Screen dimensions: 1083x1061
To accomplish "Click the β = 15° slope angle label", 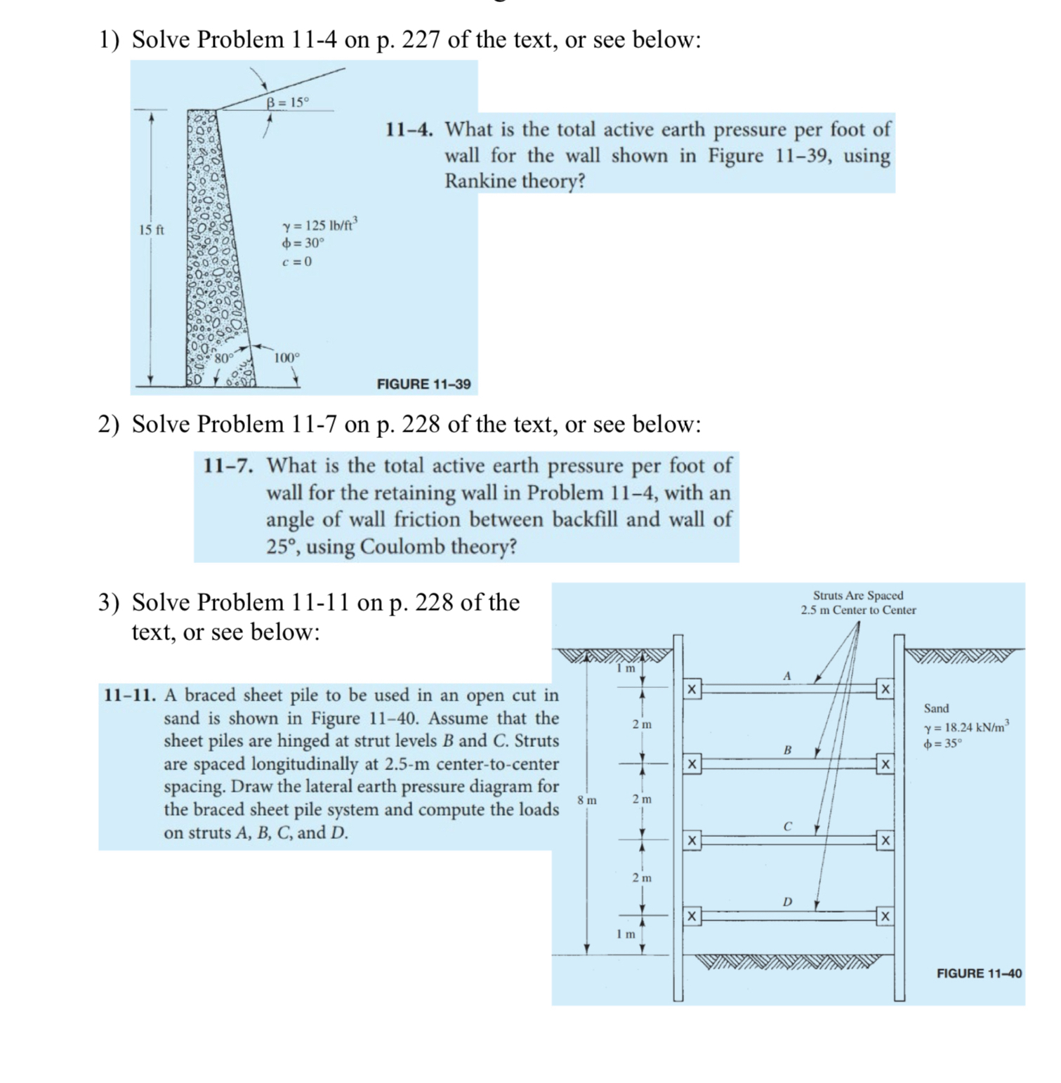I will click(287, 102).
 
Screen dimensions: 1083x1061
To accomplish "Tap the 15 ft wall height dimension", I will click(151, 230).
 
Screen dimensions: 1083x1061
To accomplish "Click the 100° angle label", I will click(286, 357).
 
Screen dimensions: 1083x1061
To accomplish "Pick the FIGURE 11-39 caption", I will click(423, 384).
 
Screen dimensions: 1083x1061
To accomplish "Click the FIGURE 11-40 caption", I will click(979, 973).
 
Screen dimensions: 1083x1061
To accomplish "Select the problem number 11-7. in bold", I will click(229, 465).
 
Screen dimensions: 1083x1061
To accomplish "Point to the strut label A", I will click(786, 676).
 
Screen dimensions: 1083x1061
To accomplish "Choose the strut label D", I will click(787, 901).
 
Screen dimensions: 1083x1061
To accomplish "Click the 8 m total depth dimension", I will click(587, 800).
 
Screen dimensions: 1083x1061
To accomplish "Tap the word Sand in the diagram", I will click(936, 708).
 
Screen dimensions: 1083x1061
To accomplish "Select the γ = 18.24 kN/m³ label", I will click(967, 727).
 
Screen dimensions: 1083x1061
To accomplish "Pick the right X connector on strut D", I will click(885, 916).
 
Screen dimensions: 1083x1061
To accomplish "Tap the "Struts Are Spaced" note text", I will click(858, 595).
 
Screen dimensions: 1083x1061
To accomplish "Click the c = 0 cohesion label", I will click(296, 262).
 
